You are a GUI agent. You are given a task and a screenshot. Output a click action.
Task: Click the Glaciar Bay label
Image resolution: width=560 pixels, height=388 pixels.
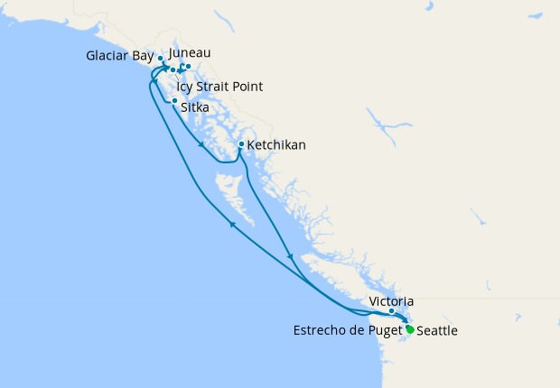click(119, 56)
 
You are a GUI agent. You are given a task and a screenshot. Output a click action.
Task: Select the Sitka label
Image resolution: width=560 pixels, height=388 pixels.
click(196, 106)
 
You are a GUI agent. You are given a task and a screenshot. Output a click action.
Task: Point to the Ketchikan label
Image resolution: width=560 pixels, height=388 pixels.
click(276, 144)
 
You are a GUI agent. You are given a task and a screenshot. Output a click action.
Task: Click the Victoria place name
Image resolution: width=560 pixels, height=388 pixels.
click(392, 300)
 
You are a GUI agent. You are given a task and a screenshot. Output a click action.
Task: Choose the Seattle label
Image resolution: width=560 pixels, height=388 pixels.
click(436, 331)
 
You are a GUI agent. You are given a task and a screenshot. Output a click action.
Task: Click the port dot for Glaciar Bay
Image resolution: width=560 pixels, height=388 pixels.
click(161, 58)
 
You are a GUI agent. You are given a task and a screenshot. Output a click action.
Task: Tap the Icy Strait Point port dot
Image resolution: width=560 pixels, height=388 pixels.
click(173, 69)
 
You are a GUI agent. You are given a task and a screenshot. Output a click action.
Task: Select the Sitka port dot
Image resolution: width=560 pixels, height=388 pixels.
click(174, 100)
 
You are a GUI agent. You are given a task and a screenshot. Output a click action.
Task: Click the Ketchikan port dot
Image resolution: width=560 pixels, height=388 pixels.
click(241, 144)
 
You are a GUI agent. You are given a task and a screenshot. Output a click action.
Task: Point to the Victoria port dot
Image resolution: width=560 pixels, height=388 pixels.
click(391, 311)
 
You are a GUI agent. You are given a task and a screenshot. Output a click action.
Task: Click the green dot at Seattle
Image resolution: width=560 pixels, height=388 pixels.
click(409, 329)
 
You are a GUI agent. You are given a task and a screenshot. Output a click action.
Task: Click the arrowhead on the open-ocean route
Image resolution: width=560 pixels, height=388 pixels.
click(233, 225)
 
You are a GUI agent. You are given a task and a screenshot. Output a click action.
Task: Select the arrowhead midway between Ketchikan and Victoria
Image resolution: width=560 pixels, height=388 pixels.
click(290, 258)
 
